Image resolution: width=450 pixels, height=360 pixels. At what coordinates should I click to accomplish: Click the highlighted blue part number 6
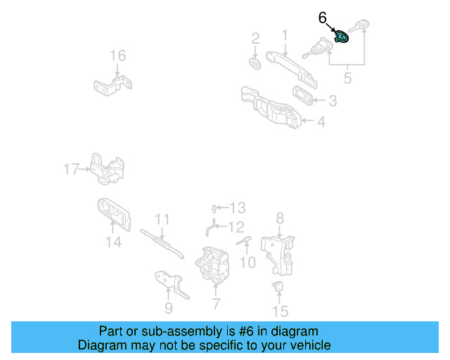[342, 37]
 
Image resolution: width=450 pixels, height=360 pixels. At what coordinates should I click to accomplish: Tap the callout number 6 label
[323, 18]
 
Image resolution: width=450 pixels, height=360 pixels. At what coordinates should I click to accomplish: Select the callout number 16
[117, 56]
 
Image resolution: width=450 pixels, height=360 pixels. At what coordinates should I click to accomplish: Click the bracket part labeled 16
[112, 86]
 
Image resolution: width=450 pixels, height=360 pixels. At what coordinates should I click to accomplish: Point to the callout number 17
[71, 169]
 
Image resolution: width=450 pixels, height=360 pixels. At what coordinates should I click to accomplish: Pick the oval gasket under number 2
[256, 64]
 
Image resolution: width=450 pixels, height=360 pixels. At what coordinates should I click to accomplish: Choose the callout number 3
[333, 101]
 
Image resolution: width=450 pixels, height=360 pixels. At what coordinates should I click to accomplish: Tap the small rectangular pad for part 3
[304, 94]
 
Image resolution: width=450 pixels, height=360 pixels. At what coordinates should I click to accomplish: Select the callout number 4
[321, 122]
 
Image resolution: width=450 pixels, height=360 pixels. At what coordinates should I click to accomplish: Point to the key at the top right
[364, 27]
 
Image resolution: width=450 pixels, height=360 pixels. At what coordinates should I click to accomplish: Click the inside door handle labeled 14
[113, 214]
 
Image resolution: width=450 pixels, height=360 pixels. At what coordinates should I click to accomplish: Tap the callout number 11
[162, 219]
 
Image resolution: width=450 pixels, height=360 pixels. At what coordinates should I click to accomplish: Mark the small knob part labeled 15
[279, 286]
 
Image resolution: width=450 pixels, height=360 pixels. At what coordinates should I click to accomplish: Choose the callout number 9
[168, 307]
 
